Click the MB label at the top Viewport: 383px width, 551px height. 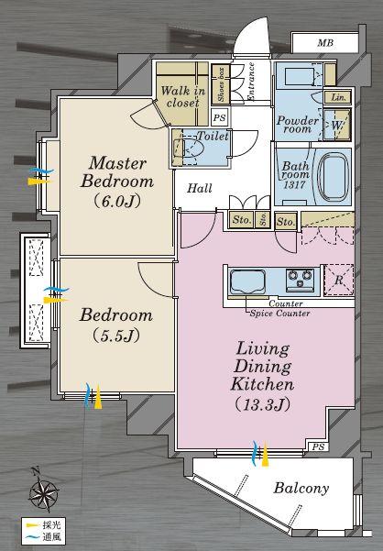tap(325, 43)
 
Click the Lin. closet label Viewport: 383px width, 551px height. tap(337, 96)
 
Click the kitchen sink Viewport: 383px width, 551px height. tap(250, 281)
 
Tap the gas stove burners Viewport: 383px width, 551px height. tap(300, 276)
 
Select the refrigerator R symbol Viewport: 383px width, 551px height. tap(340, 281)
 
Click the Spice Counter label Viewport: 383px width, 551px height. tap(279, 313)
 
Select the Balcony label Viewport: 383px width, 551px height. tap(301, 488)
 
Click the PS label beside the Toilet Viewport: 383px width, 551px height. tap(219, 117)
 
